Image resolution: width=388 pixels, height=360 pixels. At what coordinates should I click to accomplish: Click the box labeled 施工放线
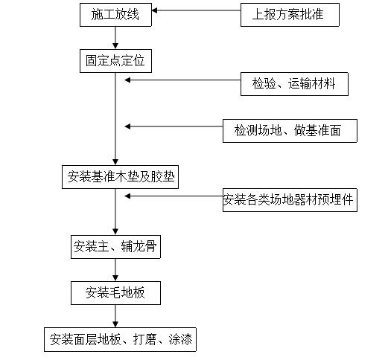[115, 15]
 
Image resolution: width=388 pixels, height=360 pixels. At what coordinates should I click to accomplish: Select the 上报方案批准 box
[290, 15]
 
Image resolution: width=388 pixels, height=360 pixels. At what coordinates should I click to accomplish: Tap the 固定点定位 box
[115, 61]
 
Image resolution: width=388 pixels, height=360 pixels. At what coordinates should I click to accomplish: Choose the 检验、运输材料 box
[294, 84]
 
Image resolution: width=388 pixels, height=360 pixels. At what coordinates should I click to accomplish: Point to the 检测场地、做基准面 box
[290, 131]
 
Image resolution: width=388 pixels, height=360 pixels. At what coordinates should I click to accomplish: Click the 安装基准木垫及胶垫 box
[120, 177]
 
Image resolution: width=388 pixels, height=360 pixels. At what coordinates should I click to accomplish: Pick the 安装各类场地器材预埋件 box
[290, 200]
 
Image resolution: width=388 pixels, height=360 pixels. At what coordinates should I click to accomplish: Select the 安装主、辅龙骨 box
[115, 247]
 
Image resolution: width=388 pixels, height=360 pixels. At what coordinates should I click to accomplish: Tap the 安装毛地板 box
[115, 293]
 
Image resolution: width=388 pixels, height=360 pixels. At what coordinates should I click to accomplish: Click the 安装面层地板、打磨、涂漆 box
[120, 340]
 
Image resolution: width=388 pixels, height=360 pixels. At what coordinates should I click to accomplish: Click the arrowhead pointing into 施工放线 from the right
[154, 10]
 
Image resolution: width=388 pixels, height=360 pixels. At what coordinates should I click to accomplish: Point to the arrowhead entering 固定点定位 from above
[115, 46]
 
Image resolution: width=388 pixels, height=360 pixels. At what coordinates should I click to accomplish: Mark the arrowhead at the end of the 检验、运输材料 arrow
[127, 80]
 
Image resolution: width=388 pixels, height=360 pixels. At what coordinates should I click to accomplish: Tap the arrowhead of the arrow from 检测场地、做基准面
[127, 126]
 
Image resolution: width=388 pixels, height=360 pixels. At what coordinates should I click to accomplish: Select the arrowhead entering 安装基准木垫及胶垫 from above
[115, 162]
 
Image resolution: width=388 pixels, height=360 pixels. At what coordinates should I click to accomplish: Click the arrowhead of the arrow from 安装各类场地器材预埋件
[127, 196]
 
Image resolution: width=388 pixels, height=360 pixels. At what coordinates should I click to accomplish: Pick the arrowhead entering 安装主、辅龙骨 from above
[115, 232]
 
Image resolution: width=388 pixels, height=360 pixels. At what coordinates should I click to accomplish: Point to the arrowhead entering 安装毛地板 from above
[115, 278]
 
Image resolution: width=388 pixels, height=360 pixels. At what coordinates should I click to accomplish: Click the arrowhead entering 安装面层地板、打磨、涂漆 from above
[115, 324]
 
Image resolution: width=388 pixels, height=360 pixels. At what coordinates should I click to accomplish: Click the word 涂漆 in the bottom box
[180, 340]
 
